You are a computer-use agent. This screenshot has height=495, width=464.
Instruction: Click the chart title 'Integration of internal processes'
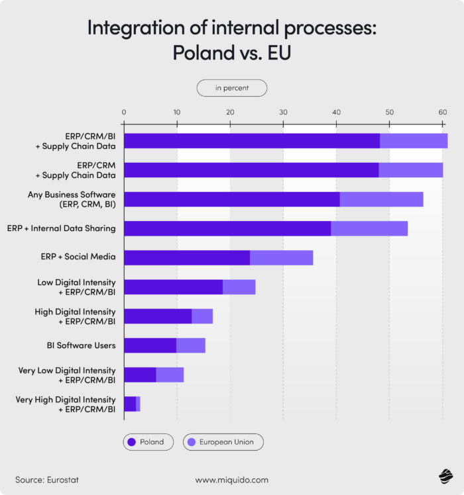point(231,28)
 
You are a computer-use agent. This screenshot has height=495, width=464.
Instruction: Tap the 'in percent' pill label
point(231,88)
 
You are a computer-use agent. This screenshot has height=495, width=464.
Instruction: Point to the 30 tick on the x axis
point(283,112)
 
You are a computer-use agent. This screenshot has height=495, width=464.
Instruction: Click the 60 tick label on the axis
point(442,112)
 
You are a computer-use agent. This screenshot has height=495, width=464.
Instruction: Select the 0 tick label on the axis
point(124,112)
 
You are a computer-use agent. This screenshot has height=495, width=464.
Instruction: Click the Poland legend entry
point(148,441)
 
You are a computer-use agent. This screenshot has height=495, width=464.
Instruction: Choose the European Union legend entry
point(223,441)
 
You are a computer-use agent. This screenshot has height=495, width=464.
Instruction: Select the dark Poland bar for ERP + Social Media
point(186,258)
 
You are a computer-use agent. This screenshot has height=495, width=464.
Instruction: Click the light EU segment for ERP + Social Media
point(281,258)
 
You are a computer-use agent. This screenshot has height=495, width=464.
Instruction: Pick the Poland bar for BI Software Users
point(150,345)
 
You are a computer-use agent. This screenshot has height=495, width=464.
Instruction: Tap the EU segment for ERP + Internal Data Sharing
point(369,228)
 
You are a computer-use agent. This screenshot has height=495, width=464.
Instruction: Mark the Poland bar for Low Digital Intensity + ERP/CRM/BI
point(173,287)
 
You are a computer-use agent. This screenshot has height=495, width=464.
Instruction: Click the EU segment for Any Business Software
point(381,199)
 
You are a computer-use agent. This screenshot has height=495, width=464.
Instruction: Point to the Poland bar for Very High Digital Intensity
point(130,404)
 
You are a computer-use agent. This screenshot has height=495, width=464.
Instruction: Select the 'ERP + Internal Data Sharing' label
point(62,228)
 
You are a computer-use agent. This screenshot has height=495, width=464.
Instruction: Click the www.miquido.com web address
point(231,479)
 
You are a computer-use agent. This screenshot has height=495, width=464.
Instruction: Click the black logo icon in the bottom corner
point(444,477)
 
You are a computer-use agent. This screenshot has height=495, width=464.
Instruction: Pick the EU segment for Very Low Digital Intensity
point(170,375)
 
